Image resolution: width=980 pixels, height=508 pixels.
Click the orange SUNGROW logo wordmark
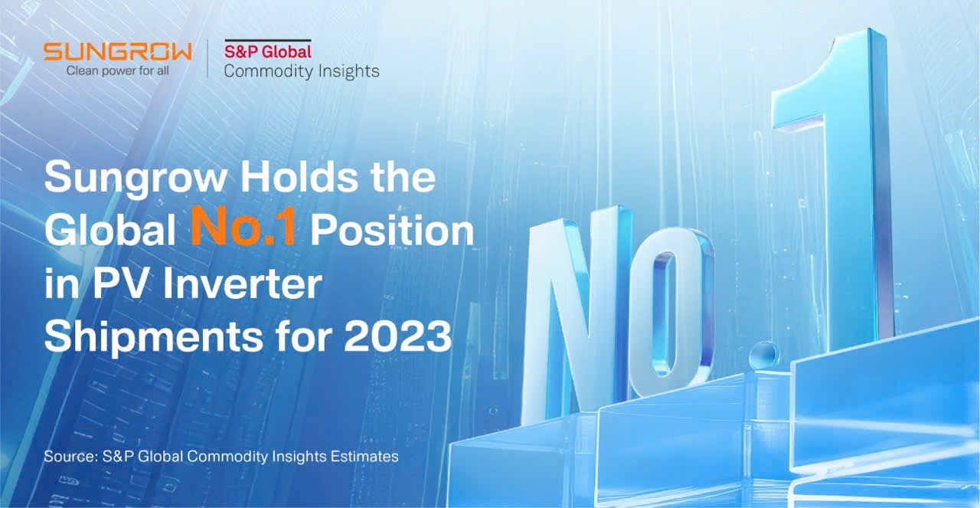tap(118, 51)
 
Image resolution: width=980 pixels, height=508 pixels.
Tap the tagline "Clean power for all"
tap(117, 71)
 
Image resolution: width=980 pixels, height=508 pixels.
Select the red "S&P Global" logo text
tap(268, 51)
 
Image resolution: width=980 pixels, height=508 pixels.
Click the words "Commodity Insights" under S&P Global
tap(302, 71)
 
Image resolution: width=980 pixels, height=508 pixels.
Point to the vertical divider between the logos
tap(207, 59)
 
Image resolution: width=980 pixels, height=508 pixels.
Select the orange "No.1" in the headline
tap(243, 228)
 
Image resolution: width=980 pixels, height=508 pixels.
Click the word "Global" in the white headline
tap(109, 229)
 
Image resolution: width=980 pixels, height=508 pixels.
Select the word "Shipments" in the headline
tap(154, 338)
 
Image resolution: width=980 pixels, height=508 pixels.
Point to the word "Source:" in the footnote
tap(71, 457)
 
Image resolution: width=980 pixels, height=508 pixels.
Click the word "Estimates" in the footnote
tap(364, 457)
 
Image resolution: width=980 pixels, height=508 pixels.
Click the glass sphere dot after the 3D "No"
tap(764, 355)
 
